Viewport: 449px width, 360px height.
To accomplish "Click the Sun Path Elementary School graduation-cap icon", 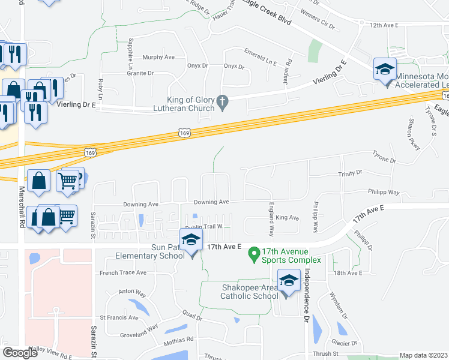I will [x=191, y=240].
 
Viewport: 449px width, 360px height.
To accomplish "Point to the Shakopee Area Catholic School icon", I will [x=289, y=281].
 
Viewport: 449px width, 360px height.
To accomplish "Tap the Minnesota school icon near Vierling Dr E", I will [x=385, y=70].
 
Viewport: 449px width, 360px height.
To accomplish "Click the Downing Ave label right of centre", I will [x=212, y=202].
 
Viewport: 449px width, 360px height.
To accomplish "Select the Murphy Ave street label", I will [x=158, y=57].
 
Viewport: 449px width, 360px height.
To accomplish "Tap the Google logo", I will [x=20, y=353].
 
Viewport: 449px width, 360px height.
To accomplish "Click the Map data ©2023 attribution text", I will [x=423, y=355].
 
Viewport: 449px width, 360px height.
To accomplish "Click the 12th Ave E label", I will [x=384, y=25].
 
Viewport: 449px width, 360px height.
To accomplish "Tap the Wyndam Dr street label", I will [x=338, y=306].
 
